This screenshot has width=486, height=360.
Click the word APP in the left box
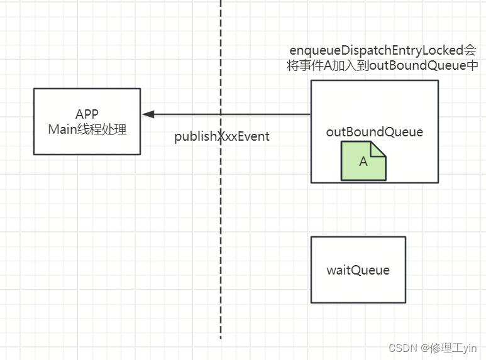(87, 114)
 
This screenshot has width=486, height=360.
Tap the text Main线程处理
(87, 129)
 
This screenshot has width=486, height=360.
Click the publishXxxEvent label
(222, 136)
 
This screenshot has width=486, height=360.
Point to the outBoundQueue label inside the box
(374, 132)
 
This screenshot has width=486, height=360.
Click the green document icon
(363, 161)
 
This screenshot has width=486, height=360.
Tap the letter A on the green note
(363, 162)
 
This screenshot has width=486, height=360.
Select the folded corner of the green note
(378, 148)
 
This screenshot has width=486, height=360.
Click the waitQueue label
(358, 270)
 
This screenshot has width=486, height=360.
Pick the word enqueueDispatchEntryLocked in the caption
(371, 51)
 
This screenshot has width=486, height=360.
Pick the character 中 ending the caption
(472, 65)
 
